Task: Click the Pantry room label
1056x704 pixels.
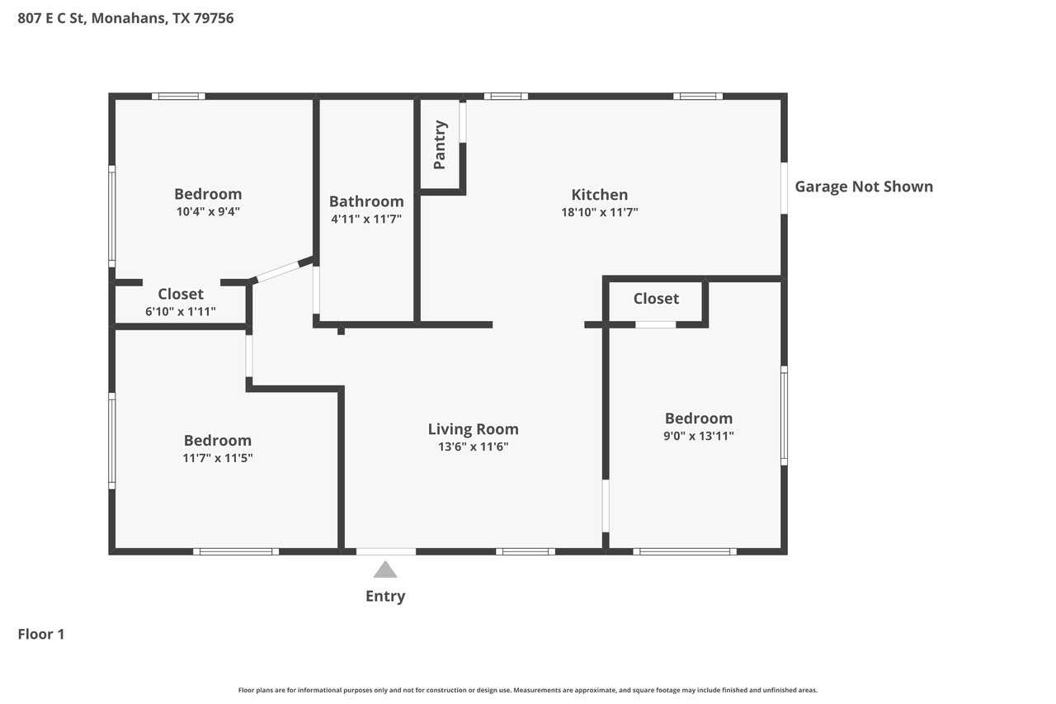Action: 440,144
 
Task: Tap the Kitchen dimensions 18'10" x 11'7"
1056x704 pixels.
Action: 599,212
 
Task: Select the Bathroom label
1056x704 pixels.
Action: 366,201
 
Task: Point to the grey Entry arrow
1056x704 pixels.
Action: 385,569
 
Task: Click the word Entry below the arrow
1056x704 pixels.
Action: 385,597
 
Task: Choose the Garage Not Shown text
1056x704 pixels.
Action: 864,187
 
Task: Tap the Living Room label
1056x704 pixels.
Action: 473,429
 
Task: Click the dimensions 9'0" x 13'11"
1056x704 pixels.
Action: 699,436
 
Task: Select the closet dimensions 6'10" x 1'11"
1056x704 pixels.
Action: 181,311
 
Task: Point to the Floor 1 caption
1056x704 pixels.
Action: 41,634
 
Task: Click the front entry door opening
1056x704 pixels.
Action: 385,551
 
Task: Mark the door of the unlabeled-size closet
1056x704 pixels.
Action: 655,324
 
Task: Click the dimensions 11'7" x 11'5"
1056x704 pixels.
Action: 217,458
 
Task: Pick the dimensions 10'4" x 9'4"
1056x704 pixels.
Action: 208,211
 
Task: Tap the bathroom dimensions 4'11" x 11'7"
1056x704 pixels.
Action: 366,219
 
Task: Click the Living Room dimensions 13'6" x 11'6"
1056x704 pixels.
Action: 473,446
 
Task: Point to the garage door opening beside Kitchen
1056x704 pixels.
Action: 784,188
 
